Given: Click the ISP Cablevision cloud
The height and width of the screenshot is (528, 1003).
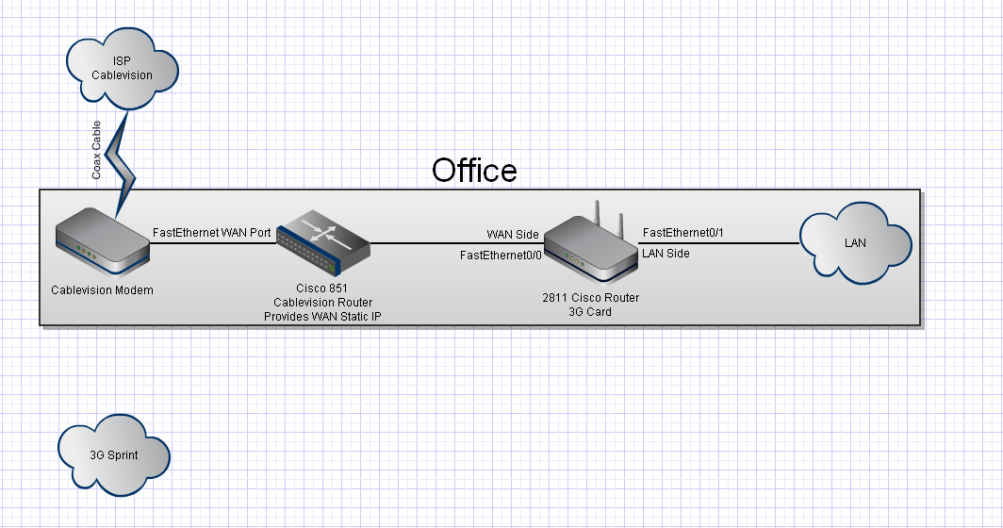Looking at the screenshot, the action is click(x=123, y=69).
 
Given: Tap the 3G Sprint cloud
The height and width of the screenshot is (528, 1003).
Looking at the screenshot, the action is click(x=114, y=455).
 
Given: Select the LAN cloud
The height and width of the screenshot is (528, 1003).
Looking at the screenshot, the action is click(x=856, y=243).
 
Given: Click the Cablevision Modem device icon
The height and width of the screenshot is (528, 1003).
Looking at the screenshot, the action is click(x=103, y=243).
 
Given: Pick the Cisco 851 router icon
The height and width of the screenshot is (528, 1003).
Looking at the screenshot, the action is click(x=323, y=242).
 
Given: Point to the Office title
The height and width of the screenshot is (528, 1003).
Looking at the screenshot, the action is click(x=474, y=171).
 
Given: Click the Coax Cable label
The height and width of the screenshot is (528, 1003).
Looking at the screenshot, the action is click(x=96, y=150).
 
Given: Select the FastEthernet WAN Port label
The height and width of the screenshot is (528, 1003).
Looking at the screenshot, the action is click(x=212, y=232).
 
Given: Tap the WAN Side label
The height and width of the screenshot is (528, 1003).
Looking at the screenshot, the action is click(x=513, y=234).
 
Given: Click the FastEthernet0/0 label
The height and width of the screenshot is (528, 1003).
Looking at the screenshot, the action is click(x=501, y=256).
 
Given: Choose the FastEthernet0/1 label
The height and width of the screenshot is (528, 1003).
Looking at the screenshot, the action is click(x=683, y=232).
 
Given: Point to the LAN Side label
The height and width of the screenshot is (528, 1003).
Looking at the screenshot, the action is click(x=666, y=254).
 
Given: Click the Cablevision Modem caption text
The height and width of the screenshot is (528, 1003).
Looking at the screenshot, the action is click(x=103, y=289).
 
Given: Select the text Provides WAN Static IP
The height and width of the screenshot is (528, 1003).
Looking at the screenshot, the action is click(x=323, y=316).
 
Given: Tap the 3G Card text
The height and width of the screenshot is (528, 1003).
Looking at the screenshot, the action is click(x=590, y=312).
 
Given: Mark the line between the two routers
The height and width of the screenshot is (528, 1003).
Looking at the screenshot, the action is click(x=457, y=243).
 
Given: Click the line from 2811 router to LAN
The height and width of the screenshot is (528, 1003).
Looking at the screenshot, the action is click(x=719, y=243).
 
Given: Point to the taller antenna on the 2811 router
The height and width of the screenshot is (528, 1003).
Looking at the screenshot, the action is click(x=598, y=210).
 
